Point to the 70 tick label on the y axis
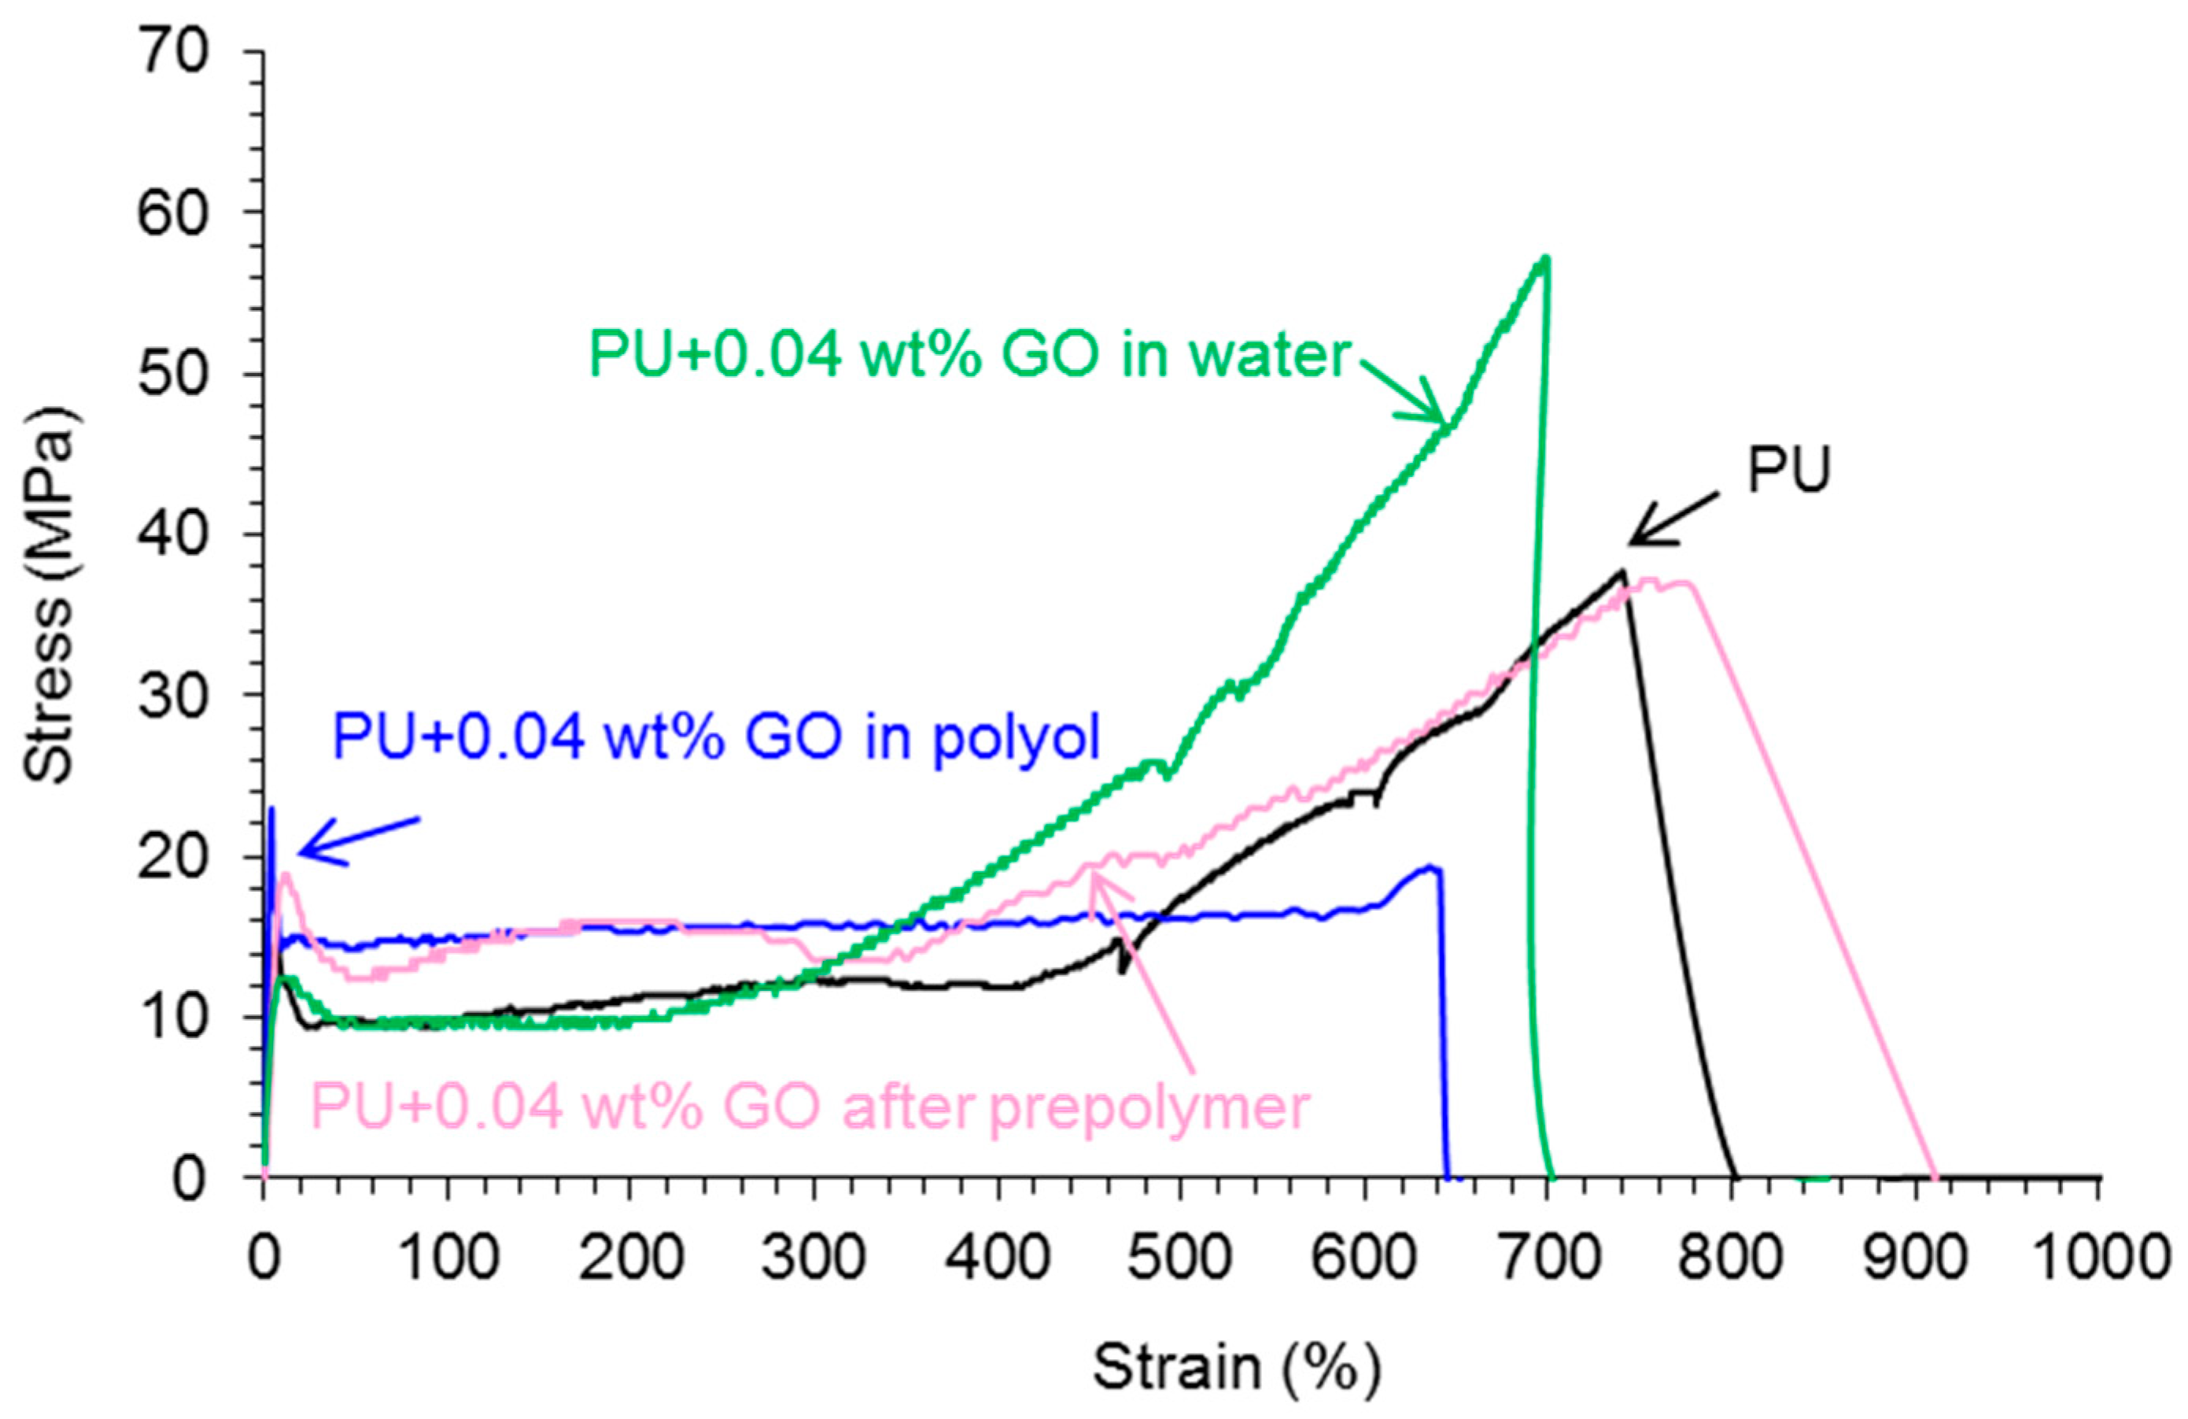tap(175, 51)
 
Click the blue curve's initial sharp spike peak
tap(271, 808)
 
